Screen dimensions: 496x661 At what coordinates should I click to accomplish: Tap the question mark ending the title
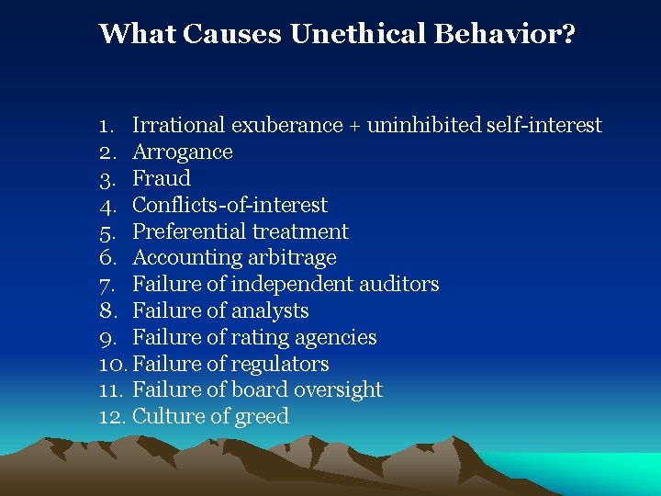tap(569, 34)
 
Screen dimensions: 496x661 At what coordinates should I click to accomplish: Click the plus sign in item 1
tap(353, 126)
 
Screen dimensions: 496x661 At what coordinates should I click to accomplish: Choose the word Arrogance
tap(183, 152)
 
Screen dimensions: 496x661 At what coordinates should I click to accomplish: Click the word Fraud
tap(162, 178)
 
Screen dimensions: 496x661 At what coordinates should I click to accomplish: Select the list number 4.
tap(106, 205)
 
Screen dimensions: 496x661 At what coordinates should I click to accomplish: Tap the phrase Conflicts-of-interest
tap(230, 205)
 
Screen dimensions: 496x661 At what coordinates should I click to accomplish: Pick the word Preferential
tap(189, 231)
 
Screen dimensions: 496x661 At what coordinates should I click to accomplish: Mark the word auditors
tap(398, 285)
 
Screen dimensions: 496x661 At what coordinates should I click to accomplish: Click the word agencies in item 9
tap(338, 338)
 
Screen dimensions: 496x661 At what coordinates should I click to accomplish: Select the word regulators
tap(282, 364)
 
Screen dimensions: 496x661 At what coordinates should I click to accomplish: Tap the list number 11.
tap(110, 390)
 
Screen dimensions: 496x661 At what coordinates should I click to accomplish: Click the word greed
tap(263, 417)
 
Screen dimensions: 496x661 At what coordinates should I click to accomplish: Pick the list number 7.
tap(106, 285)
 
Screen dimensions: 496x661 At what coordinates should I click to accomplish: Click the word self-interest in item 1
tap(542, 125)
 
